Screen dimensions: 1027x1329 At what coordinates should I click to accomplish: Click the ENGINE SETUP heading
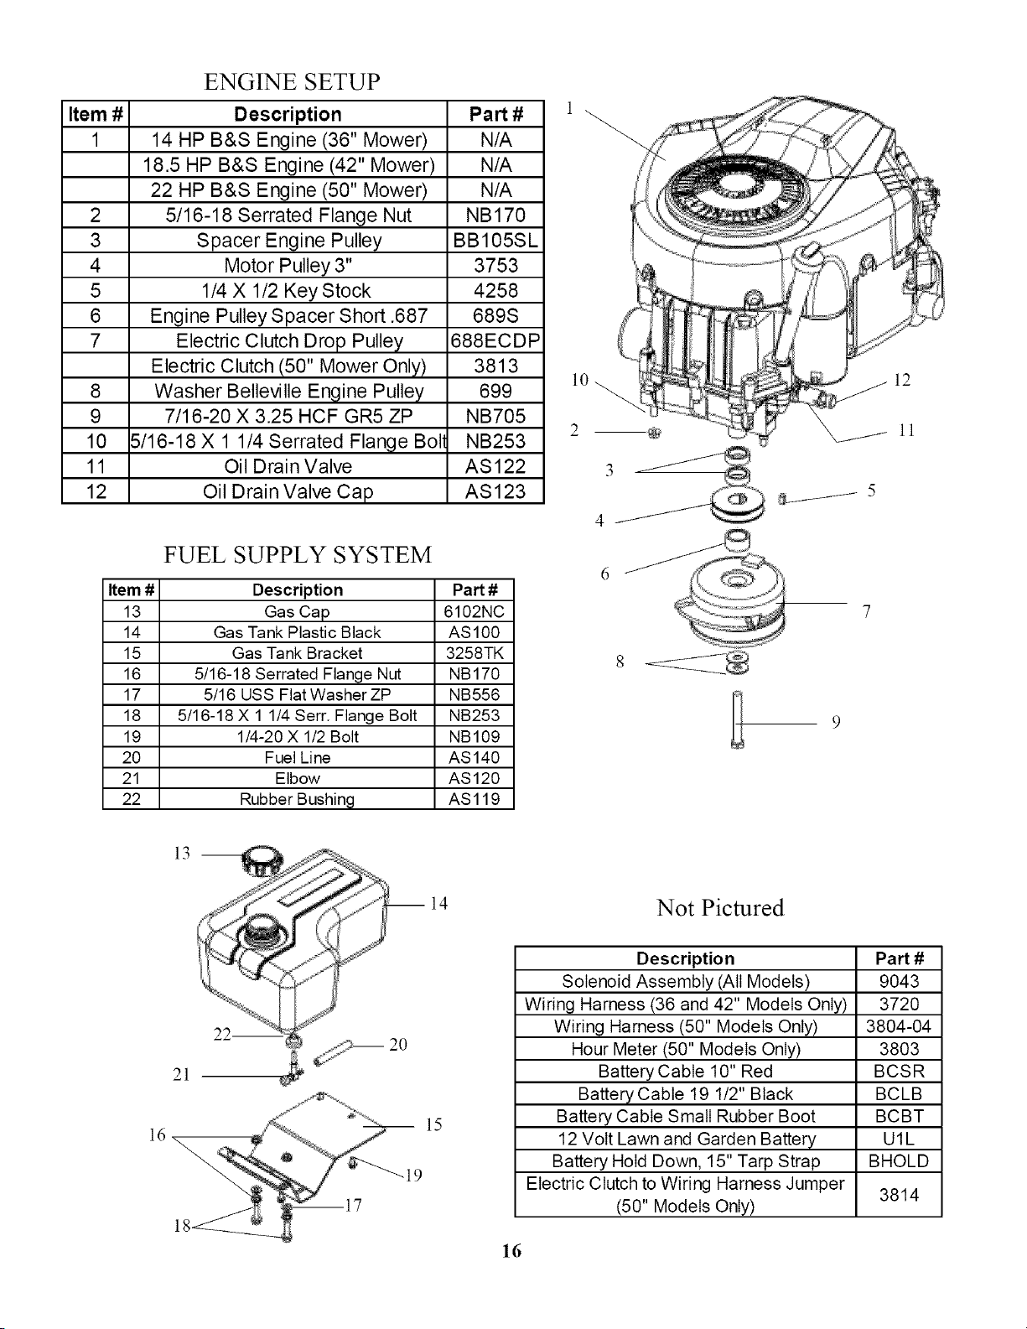(292, 81)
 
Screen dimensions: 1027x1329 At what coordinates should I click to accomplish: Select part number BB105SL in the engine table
(495, 241)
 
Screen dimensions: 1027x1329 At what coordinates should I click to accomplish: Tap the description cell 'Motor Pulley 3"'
(288, 266)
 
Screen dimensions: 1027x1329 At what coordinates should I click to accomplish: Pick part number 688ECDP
(495, 340)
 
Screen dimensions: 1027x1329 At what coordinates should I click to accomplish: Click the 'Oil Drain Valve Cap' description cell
(288, 491)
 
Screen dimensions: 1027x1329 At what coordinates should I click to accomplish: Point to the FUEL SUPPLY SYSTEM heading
(298, 555)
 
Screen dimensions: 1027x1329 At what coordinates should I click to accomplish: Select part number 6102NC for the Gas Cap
(475, 611)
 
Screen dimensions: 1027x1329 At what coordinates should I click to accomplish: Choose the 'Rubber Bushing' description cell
(297, 799)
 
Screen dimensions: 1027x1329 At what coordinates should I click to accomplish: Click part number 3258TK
(475, 653)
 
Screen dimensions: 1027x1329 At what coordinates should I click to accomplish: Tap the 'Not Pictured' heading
(720, 907)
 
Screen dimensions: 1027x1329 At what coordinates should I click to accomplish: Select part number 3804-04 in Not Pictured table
(899, 1026)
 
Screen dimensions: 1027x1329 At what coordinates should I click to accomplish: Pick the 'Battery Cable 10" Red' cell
(685, 1071)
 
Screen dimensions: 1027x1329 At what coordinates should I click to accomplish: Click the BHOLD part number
(899, 1160)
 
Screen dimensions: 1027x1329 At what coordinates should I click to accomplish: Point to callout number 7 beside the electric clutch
(866, 611)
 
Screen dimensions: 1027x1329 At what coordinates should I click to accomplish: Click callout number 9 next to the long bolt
(837, 722)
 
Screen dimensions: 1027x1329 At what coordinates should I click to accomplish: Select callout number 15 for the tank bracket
(433, 1124)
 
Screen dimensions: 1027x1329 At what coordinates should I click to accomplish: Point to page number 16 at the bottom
(511, 1251)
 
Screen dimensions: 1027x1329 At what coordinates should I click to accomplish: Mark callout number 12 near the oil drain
(902, 380)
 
